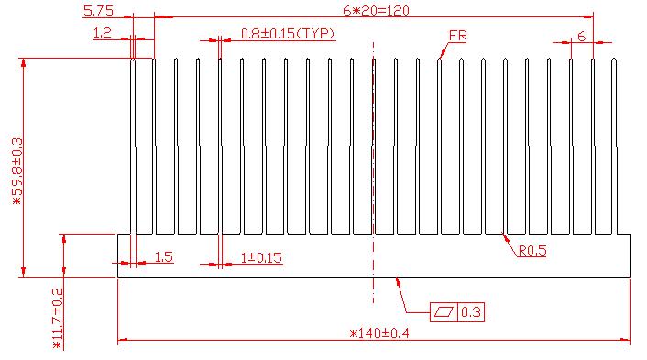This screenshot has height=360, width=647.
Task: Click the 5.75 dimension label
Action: point(98,11)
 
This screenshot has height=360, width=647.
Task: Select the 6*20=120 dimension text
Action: point(376,11)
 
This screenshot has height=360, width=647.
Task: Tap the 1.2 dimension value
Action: point(103,33)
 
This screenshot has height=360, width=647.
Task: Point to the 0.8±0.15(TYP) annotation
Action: point(288,33)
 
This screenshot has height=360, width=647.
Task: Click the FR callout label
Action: point(457,36)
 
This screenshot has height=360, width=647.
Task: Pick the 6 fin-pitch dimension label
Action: point(581,37)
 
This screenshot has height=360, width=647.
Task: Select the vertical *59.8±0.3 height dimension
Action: point(17,171)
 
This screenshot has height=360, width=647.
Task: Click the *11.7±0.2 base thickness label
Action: point(58,319)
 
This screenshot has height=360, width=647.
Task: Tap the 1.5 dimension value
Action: point(163,257)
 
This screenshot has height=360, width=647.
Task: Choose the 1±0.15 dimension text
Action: point(261,258)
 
